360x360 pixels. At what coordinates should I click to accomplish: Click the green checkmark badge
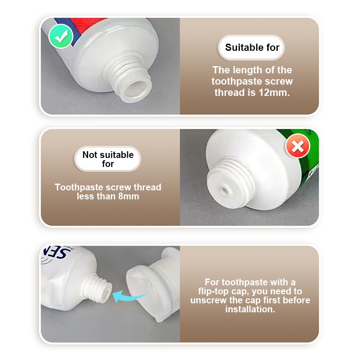61,36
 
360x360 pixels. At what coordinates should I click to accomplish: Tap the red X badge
298,146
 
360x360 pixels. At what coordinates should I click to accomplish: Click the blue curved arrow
130,296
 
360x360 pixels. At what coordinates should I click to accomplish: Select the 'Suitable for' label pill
252,48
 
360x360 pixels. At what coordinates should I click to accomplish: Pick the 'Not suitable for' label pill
108,159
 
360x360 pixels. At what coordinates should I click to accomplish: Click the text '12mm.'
274,93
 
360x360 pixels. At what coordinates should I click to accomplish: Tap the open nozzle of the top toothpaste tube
137,89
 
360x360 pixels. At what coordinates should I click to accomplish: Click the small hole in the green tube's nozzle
224,190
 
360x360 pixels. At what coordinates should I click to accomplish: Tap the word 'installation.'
250,309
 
